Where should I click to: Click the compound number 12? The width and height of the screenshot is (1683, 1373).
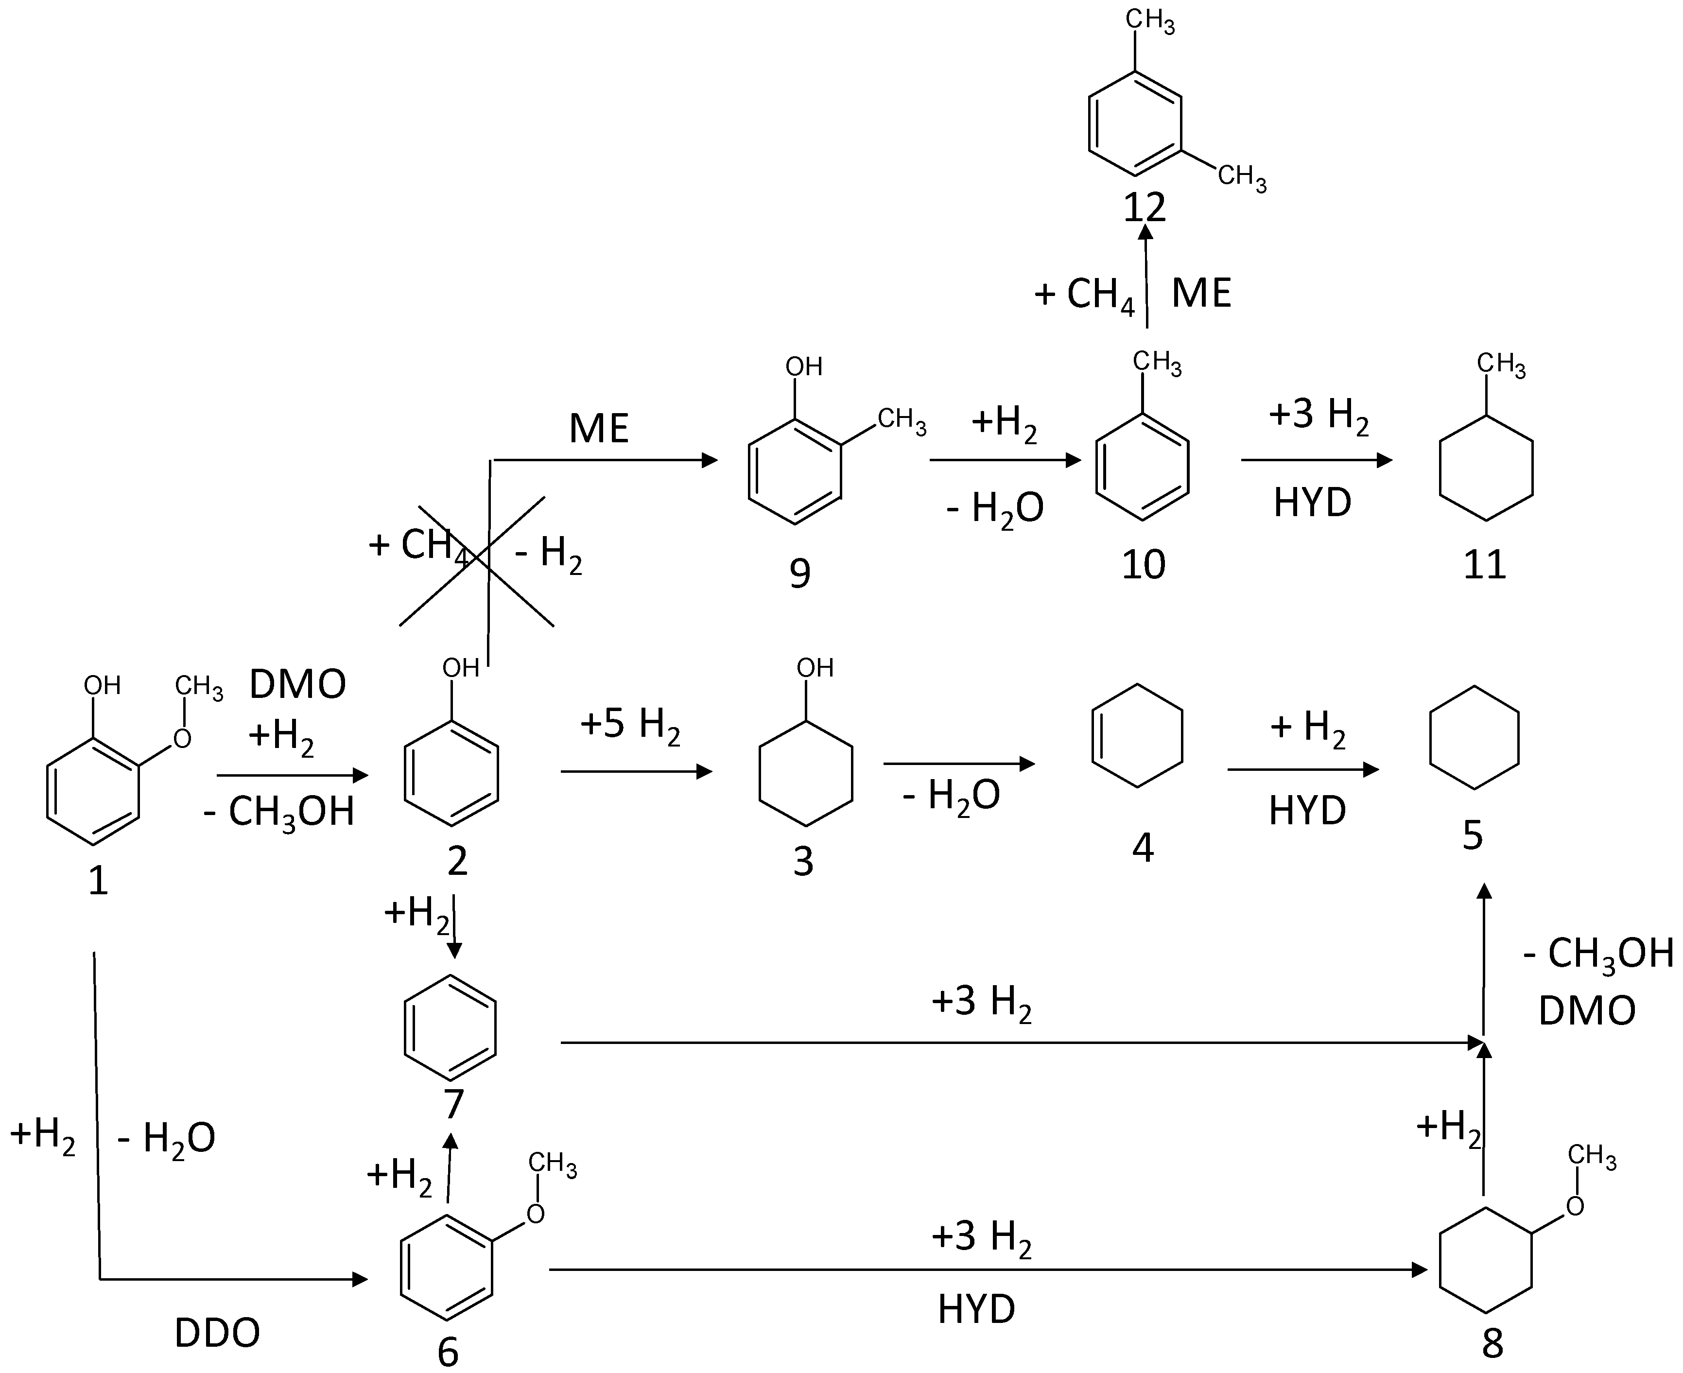pos(1145,207)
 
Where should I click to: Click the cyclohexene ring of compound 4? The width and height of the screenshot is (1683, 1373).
pos(1137,735)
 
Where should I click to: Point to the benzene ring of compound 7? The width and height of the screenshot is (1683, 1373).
pos(450,1027)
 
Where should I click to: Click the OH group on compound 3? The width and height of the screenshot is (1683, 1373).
pos(815,668)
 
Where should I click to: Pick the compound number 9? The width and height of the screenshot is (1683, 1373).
pos(799,574)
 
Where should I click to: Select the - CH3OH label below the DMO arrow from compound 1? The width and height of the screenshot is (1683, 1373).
pos(278,812)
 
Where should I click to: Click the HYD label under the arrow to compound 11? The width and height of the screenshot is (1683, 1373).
pos(1312,502)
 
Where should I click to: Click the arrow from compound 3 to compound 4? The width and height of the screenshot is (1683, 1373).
pos(958,764)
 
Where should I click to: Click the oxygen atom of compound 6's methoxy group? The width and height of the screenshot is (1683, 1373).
pos(536,1214)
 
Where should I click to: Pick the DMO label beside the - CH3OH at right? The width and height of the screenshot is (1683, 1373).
pos(1586,1011)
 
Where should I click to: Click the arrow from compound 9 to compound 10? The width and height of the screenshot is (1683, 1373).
pos(1005,460)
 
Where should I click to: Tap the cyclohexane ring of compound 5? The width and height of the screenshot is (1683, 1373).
pos(1474,737)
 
